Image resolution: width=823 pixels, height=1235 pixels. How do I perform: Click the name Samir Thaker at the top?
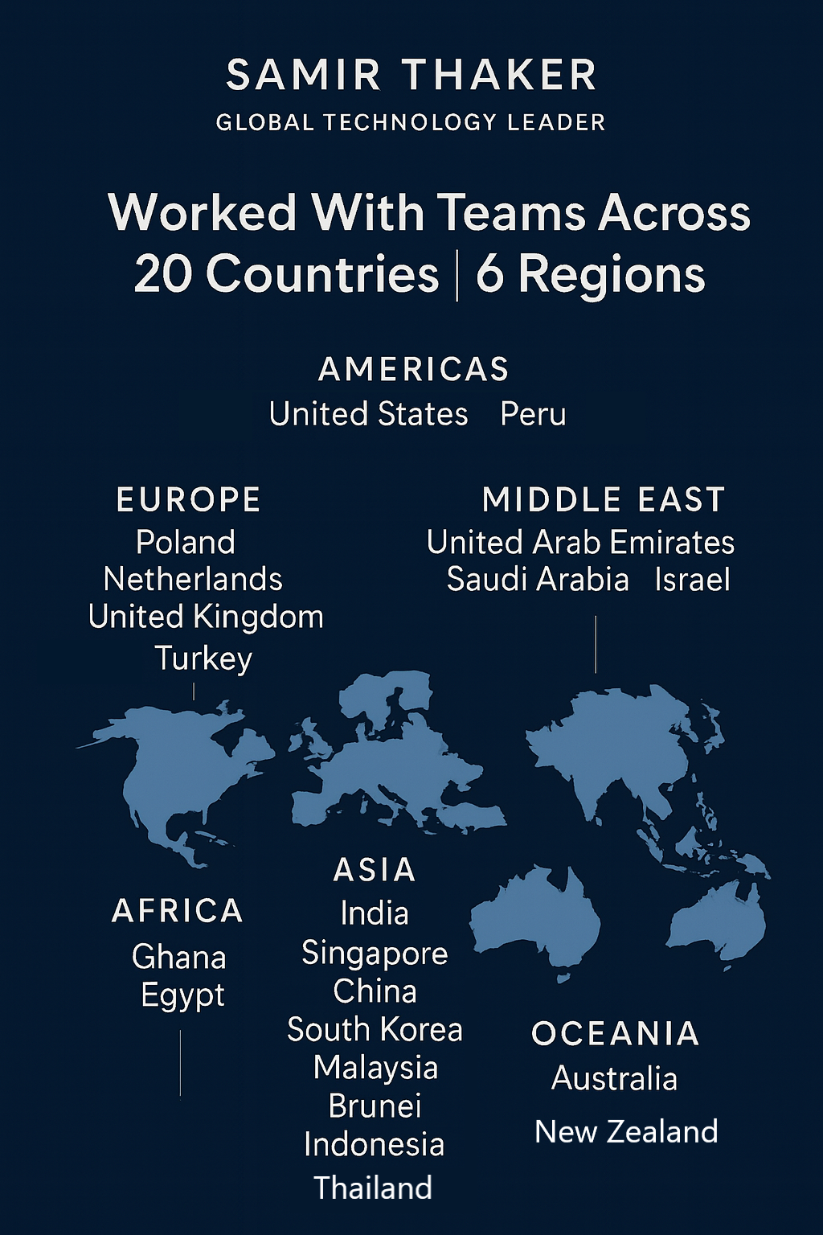coord(411,76)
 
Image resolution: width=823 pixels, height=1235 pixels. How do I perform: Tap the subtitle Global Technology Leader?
coord(411,122)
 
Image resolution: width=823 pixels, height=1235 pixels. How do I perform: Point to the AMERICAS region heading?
coord(414,369)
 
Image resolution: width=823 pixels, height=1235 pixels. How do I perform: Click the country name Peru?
coord(533,414)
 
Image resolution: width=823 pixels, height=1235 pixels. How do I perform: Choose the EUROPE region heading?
coord(189,499)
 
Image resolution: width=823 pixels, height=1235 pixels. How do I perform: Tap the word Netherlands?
coord(193,579)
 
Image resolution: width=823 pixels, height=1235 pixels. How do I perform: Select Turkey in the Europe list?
coord(203,658)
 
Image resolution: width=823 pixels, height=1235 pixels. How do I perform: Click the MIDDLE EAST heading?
coord(604,499)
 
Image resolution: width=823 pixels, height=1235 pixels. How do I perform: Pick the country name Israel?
coord(692,579)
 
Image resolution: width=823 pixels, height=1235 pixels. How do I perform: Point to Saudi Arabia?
coord(538,579)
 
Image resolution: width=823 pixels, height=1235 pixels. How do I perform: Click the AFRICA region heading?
coord(178,911)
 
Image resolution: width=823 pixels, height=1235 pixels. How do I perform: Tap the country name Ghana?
coord(178,957)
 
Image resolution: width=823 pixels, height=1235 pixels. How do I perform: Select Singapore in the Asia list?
coord(375,953)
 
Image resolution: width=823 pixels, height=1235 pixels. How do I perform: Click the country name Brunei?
coord(375,1106)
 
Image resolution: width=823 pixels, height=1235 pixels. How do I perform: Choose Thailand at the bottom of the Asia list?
coord(373,1188)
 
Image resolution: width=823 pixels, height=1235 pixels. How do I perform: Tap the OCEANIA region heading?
coord(615,1034)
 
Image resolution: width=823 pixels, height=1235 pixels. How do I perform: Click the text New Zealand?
coord(626,1131)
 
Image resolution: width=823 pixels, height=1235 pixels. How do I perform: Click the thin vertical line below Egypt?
coord(180,1063)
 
